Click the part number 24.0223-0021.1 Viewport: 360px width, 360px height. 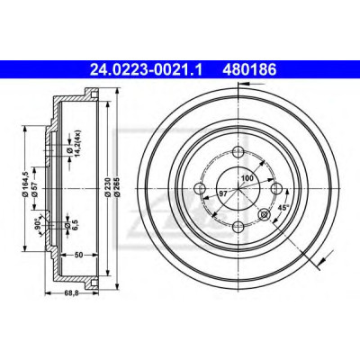[147, 70]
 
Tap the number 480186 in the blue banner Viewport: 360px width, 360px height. [249, 70]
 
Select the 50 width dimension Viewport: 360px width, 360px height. [78, 255]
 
